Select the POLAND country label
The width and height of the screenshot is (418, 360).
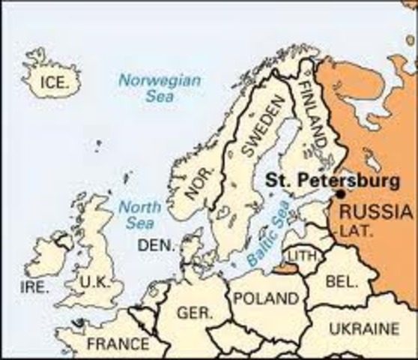(264, 298)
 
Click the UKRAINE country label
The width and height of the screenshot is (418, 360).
(363, 329)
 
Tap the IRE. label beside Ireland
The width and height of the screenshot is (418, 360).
(34, 287)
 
